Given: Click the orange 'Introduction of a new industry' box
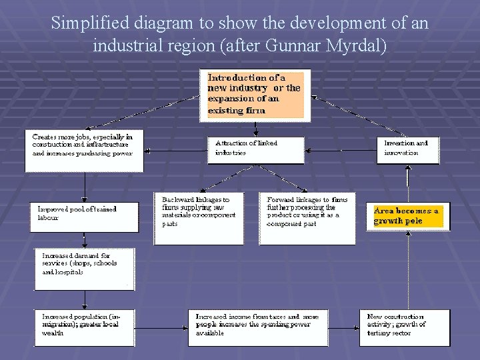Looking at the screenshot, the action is [255, 95].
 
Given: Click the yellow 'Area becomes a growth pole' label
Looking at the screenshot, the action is [407, 216].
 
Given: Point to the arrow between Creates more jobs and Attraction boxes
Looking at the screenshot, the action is [176, 151].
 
